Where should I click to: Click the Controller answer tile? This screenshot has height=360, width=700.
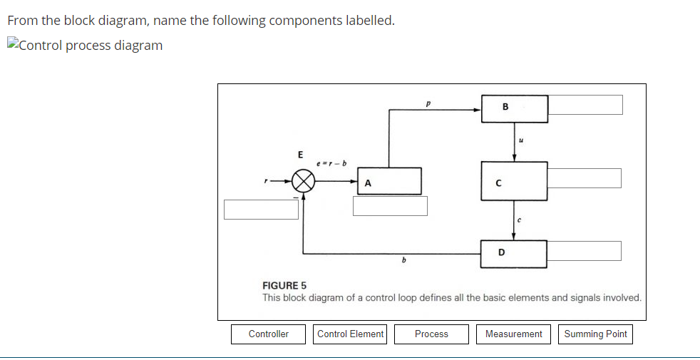pos(268,334)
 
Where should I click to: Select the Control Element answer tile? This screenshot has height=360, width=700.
pos(350,334)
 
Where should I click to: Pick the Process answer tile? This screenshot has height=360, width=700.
pos(431,334)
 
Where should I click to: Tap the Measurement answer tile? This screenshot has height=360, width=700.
pos(513,334)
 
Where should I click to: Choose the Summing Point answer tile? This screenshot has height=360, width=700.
pos(595,334)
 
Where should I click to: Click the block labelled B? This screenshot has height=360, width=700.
pos(514,108)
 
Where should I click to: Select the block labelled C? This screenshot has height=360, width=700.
pos(514,181)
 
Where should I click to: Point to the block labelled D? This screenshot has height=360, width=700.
pos(514,254)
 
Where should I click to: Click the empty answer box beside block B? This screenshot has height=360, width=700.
pos(585,105)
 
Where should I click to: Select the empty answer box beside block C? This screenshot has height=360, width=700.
pos(585,178)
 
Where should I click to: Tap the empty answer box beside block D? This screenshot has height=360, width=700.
pos(585,251)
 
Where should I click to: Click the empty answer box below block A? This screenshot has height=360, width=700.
pos(391,205)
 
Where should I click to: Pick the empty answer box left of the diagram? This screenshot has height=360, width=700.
pos(261,210)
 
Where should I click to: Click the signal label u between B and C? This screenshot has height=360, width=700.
pos(521,140)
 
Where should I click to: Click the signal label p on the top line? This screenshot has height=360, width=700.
pos(428,103)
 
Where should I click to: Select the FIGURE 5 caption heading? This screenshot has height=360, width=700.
pos(284,286)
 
